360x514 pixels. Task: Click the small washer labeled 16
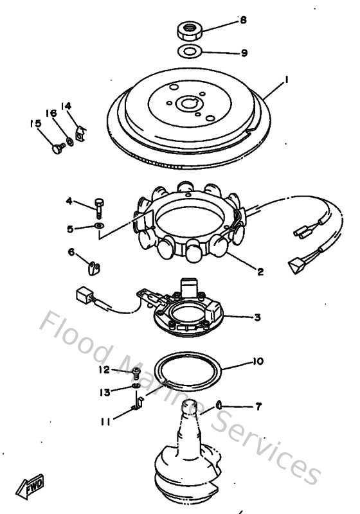tap(69, 139)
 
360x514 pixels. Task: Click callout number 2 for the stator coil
tap(260, 272)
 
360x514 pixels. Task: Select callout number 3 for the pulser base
tap(257, 317)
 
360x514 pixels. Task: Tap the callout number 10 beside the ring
tap(257, 362)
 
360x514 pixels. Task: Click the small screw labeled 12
tap(136, 372)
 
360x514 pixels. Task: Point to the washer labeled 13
tap(136, 387)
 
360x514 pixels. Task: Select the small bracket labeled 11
tap(136, 405)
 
